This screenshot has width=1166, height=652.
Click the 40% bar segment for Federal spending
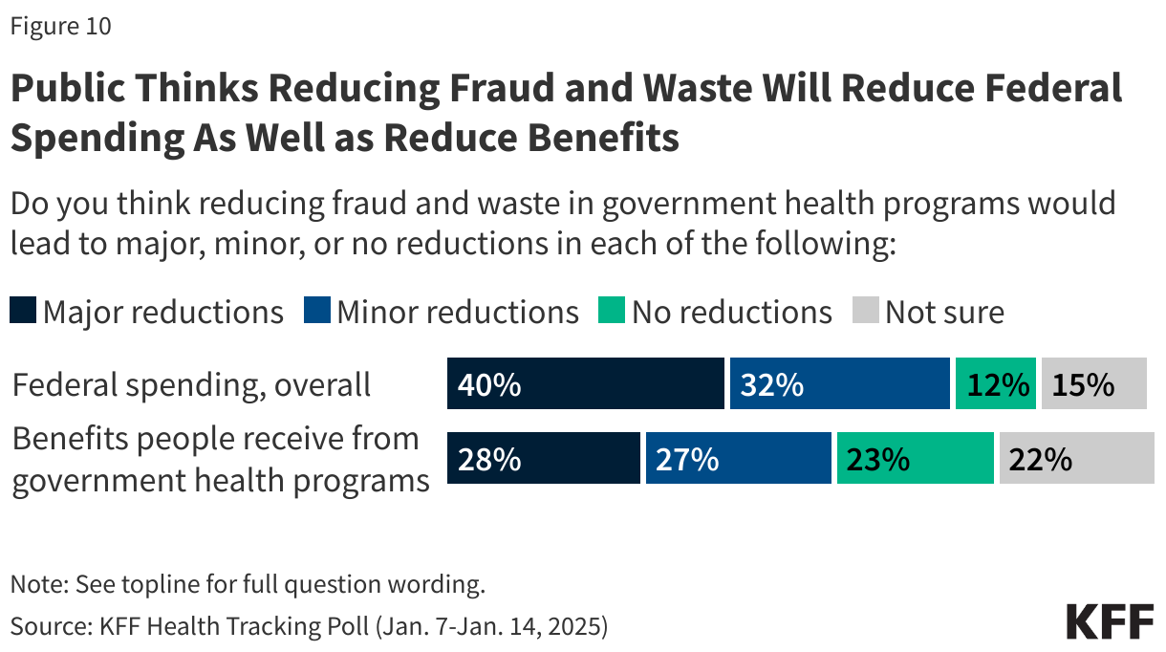tap(585, 384)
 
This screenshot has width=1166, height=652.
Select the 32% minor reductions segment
tap(839, 384)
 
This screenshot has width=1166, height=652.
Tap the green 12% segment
tap(995, 384)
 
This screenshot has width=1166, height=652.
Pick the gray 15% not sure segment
tap(1093, 384)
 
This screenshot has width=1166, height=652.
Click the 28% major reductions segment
tap(543, 458)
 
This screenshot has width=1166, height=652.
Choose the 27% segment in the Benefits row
tap(738, 458)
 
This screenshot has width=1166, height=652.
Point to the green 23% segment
tap(915, 458)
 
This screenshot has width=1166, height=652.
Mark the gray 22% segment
tap(1076, 458)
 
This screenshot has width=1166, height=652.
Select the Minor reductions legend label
tap(457, 312)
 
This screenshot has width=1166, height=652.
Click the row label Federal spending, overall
tap(191, 384)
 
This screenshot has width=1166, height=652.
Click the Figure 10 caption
tap(61, 27)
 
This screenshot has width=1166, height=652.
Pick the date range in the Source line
tap(491, 626)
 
